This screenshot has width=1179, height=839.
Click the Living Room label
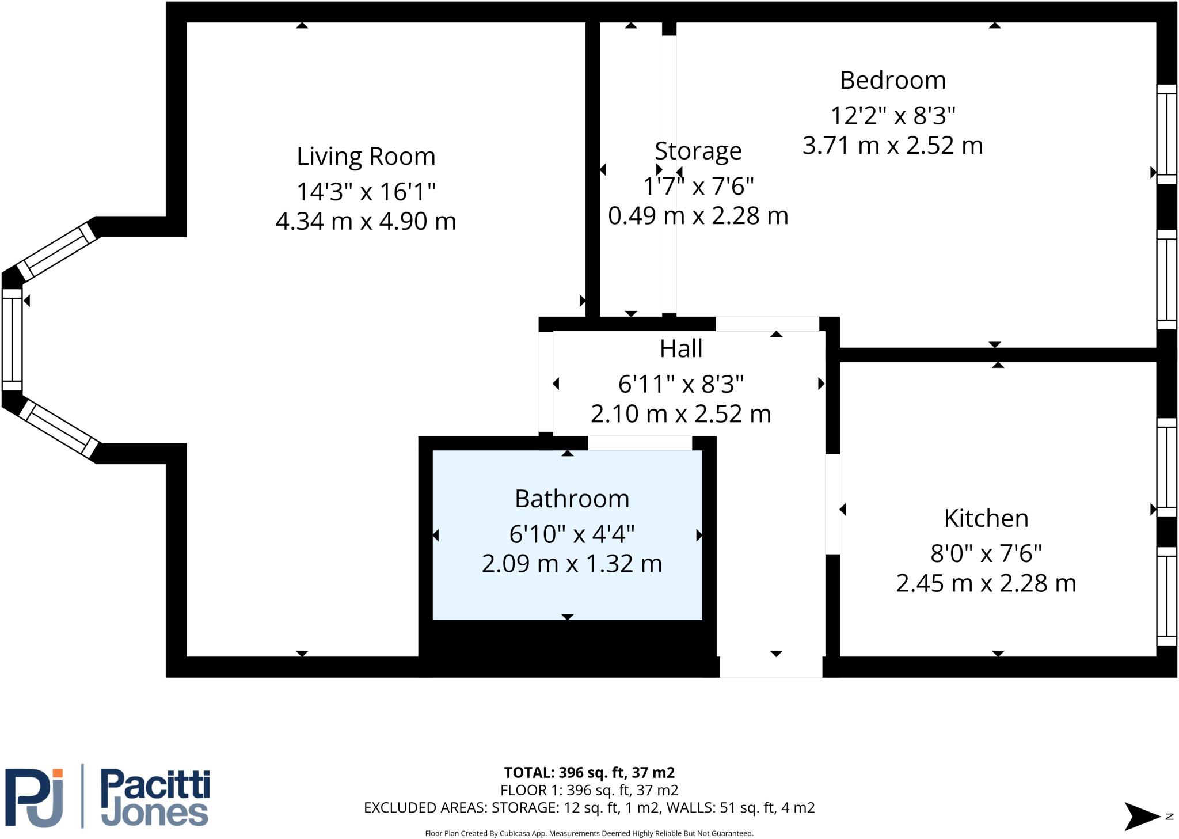pyautogui.click(x=366, y=157)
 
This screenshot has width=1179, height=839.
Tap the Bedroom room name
pyautogui.click(x=892, y=80)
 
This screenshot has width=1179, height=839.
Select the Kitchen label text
pyautogui.click(x=986, y=518)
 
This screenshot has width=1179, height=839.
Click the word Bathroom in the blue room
pyautogui.click(x=572, y=499)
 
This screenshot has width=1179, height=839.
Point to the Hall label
pyautogui.click(x=680, y=348)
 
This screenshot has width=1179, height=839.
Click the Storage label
pyautogui.click(x=698, y=151)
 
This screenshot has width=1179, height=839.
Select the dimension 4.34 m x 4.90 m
pyautogui.click(x=366, y=221)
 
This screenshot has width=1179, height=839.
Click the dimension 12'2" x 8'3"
pyautogui.click(x=892, y=116)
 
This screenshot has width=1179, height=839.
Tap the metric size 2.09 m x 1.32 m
pyautogui.click(x=572, y=563)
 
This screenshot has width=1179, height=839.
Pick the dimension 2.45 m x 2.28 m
pyautogui.click(x=986, y=583)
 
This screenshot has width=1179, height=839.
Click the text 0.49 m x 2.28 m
pyautogui.click(x=698, y=216)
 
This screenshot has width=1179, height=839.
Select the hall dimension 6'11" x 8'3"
pyautogui.click(x=680, y=384)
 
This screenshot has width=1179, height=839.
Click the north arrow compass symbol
pyautogui.click(x=1143, y=816)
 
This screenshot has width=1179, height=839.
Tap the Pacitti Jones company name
pyautogui.click(x=155, y=798)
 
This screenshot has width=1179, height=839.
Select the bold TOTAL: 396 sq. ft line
pyautogui.click(x=589, y=772)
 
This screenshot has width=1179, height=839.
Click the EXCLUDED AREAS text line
pyautogui.click(x=589, y=808)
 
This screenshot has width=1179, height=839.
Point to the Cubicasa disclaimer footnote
pyautogui.click(x=589, y=833)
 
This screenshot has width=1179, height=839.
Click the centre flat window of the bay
pyautogui.click(x=12, y=340)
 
